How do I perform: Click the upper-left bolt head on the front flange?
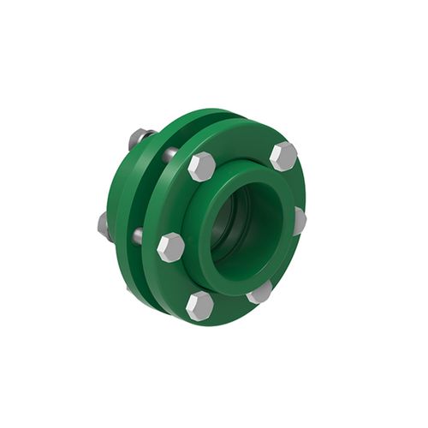pyautogui.click(x=201, y=165)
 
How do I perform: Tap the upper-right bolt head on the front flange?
pyautogui.click(x=282, y=156)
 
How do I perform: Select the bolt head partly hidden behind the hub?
pyautogui.click(x=299, y=220)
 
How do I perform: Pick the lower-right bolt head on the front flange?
pyautogui.click(x=259, y=292)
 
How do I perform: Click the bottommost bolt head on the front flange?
pyautogui.click(x=199, y=304)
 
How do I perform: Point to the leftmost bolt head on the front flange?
pyautogui.click(x=170, y=247)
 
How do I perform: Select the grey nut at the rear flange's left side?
pyautogui.click(x=104, y=224)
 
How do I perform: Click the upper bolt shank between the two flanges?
pyautogui.click(x=170, y=154)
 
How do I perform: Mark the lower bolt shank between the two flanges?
pyautogui.click(x=137, y=235)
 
